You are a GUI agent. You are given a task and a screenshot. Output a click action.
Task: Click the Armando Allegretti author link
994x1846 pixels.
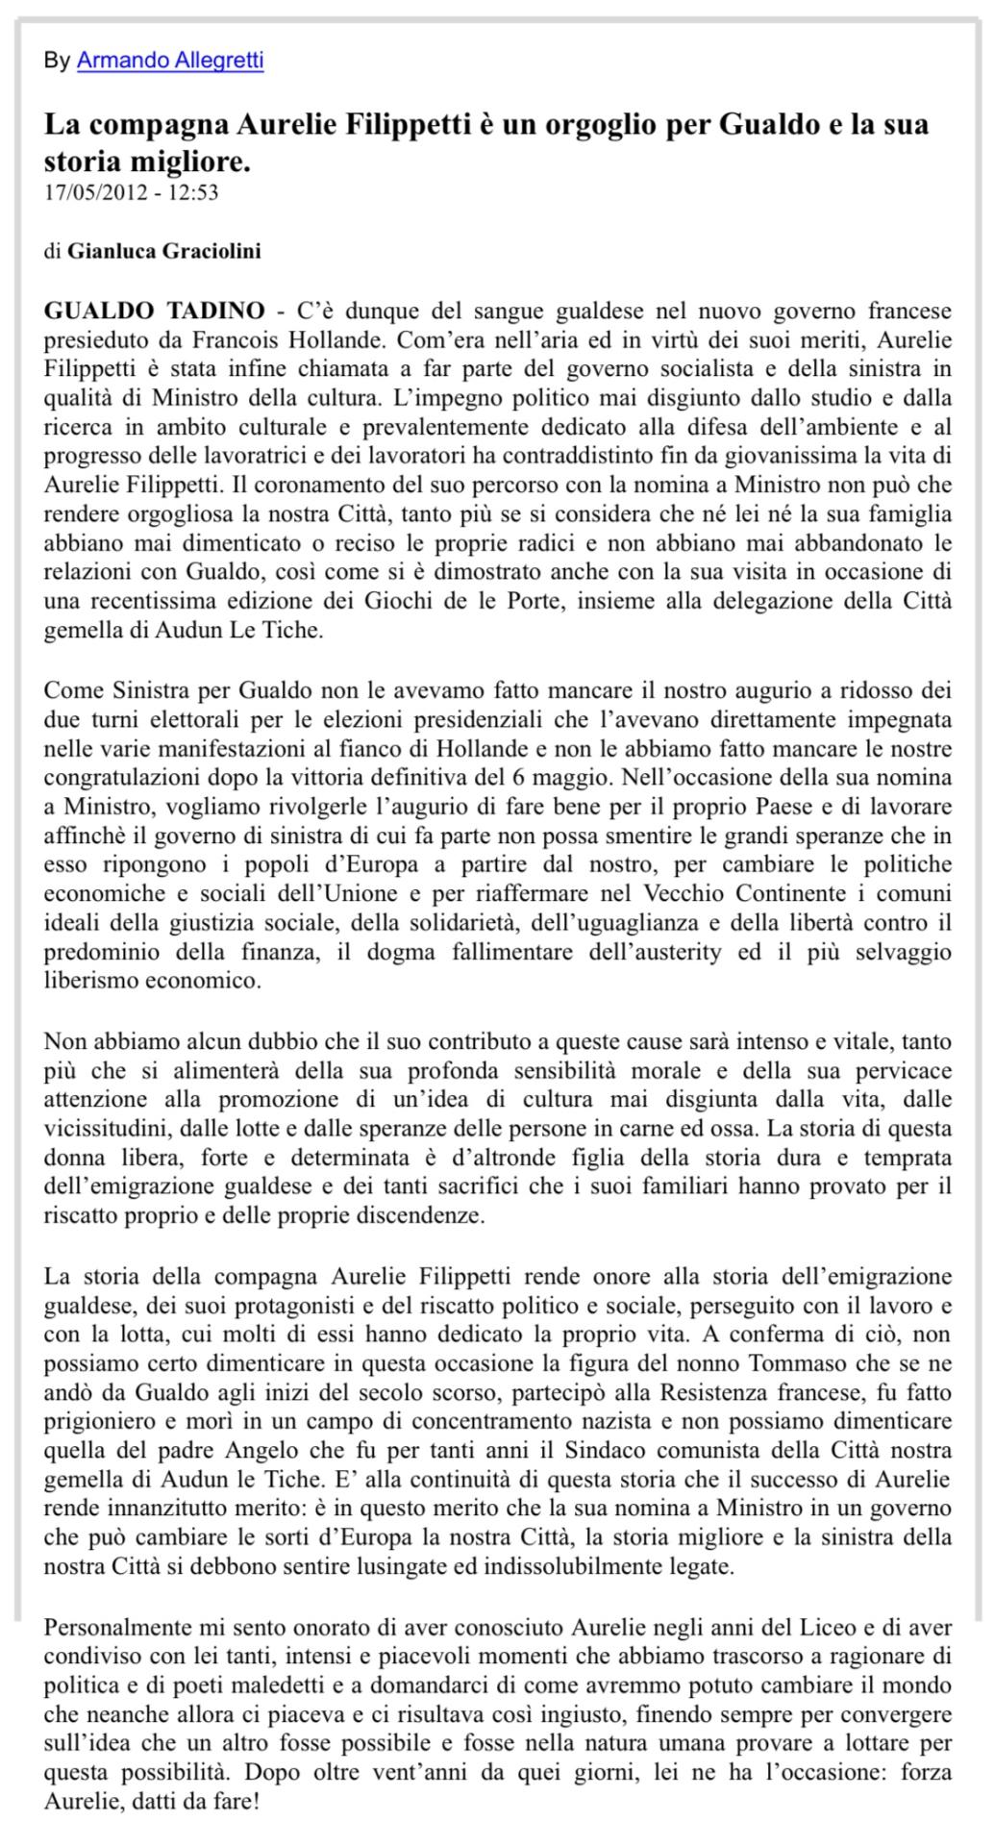point(169,61)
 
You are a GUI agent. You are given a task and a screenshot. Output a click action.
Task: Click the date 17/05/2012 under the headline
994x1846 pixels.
point(96,192)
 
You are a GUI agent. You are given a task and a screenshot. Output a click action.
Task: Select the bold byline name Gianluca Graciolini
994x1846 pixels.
point(164,252)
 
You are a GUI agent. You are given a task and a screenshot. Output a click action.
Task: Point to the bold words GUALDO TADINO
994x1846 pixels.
point(155,311)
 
